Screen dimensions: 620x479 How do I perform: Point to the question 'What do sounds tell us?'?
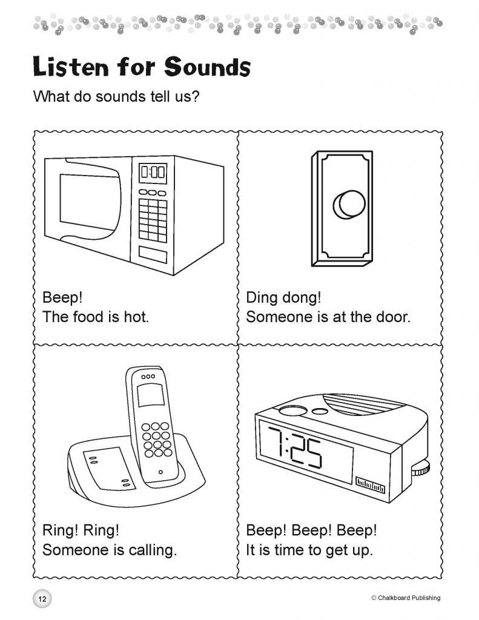coord(116,96)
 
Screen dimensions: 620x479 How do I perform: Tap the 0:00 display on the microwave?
coord(153,173)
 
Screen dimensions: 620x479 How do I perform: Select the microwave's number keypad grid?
coord(153,219)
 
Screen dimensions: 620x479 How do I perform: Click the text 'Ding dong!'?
coord(283,297)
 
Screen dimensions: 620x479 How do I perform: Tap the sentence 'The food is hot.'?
coord(96,317)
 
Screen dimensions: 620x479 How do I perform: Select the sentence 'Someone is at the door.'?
coord(328,317)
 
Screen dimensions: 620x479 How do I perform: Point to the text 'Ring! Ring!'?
coord(81,530)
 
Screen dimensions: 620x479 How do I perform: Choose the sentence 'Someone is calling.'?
coord(109,550)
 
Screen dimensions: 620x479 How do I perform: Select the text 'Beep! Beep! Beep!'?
coord(311,530)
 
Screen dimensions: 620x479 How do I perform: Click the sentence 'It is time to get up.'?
coord(309,550)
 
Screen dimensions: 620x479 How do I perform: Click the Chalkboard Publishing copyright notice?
coord(406,598)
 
